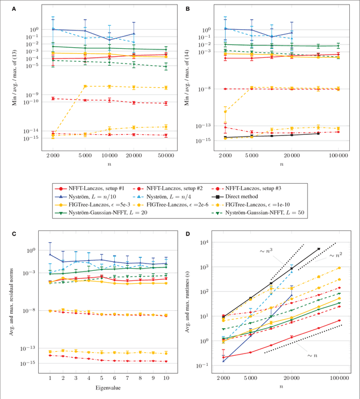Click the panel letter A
(x=7, y=7)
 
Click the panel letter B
(x=188, y=7)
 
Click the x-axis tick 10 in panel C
(x=166, y=378)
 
